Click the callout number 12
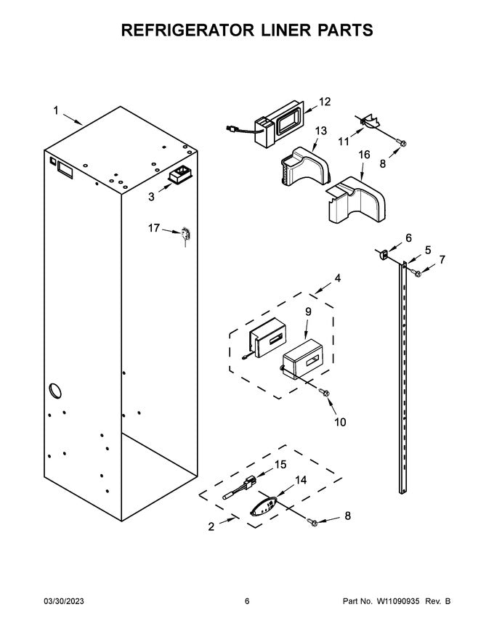tap(325, 102)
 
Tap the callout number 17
tap(154, 228)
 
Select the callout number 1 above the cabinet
tap(55, 110)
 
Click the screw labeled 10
tap(324, 393)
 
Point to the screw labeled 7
tap(418, 273)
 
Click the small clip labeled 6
tap(380, 253)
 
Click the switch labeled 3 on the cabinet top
tap(179, 176)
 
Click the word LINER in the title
tap(268, 30)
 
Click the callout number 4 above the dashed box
tap(336, 278)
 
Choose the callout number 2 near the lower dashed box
tap(211, 527)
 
